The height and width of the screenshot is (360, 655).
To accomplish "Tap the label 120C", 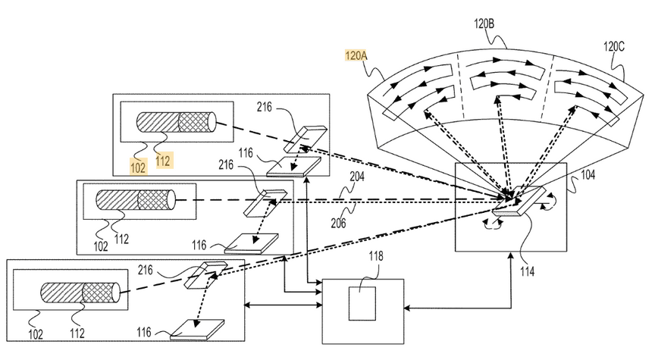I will coord(615,45).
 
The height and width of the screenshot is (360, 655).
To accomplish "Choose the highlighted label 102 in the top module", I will coord(138,167).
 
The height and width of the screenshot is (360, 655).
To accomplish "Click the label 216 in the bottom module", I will coord(149,268).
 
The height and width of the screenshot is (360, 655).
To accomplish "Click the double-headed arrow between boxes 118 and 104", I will coord(455,307).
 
